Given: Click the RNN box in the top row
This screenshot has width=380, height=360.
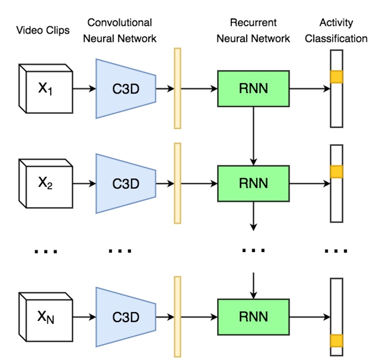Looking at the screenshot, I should [253, 88].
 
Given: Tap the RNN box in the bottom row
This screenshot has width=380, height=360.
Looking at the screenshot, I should [253, 317].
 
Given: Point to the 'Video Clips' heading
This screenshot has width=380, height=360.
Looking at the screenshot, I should [44, 30].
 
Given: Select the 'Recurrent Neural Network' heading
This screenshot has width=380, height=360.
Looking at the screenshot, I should [253, 30].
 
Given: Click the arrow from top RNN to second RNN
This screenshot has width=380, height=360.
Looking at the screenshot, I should [253, 135].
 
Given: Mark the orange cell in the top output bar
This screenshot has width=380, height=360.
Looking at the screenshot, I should [336, 77].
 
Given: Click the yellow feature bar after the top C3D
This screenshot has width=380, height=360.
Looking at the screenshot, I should [177, 88].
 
